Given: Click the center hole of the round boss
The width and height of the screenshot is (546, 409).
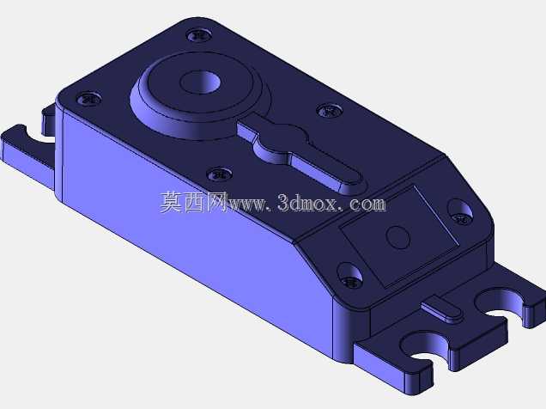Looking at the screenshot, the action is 201,82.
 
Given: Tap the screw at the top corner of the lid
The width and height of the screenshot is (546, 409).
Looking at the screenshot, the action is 199,35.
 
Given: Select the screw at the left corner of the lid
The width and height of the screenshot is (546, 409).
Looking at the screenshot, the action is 88,99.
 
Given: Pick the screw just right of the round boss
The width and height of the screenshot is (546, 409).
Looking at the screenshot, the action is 329,111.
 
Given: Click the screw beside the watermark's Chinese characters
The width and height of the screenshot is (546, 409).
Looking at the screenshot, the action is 220,174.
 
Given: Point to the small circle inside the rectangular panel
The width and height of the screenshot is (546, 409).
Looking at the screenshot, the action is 397,237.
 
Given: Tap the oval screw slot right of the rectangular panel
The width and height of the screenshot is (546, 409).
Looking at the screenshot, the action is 460,211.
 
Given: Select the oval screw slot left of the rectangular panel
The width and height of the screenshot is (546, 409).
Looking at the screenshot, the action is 349,275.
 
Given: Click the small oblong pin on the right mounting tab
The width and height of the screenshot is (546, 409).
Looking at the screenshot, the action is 442,309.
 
